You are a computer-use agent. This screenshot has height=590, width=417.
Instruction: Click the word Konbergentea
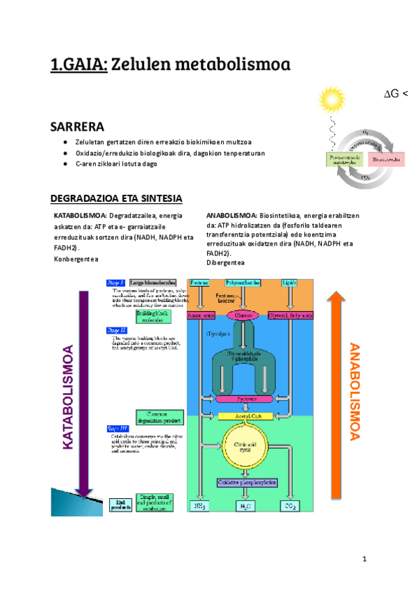click(x=76, y=259)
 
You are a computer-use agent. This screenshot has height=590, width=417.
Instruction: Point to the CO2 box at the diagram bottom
click(x=289, y=507)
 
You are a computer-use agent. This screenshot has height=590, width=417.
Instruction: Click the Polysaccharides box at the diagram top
click(x=243, y=283)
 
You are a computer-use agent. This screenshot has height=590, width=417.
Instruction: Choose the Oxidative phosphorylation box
click(x=243, y=481)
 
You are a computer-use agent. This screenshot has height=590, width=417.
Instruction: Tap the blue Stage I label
click(x=115, y=282)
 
